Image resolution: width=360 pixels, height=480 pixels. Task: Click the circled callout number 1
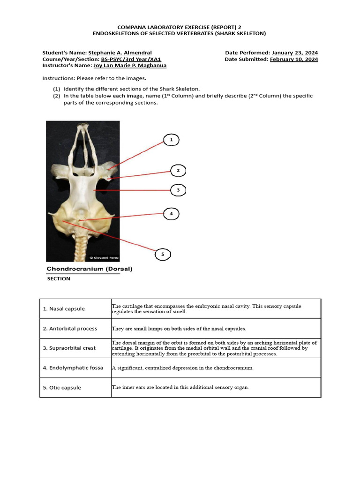tap(171, 140)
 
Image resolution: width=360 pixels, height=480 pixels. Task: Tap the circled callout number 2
tap(178, 171)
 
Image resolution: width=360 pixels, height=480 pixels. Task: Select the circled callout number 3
tap(178, 190)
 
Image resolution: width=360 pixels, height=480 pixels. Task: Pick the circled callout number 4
tap(171, 214)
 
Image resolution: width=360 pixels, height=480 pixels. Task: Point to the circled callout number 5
tap(163, 255)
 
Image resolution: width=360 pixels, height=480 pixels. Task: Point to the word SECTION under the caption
tap(59, 279)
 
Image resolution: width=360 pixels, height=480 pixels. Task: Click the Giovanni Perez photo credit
tap(104, 258)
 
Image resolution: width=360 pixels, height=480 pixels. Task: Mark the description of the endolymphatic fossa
tap(182, 368)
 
